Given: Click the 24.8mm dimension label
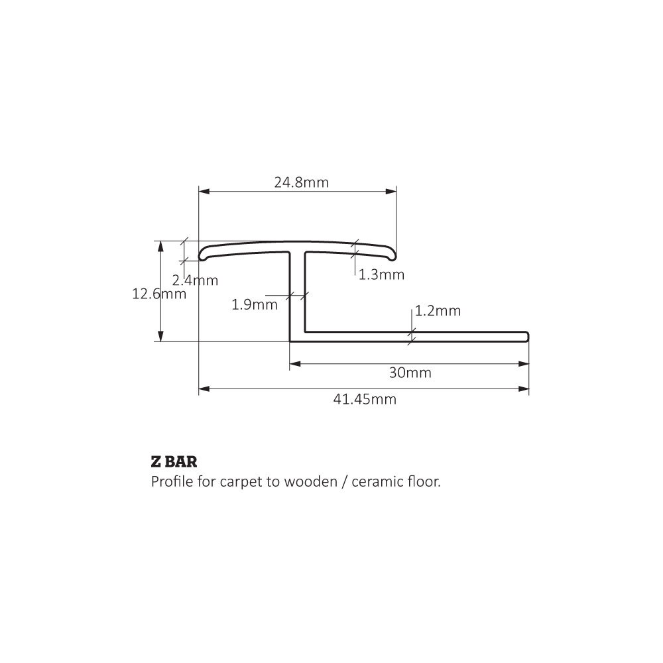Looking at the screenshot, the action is coord(301,183).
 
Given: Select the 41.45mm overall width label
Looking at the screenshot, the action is coord(365,400).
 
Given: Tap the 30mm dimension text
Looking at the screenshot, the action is coord(410,373).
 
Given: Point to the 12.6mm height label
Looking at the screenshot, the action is coord(159,294).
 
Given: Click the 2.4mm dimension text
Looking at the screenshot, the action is coord(195,280).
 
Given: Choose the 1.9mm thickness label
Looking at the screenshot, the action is coord(255,304).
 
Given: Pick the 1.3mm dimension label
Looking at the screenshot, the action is coord(381,275).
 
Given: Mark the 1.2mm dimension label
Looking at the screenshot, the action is coord(438,311).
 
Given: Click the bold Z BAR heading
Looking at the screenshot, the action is coord(174,461).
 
